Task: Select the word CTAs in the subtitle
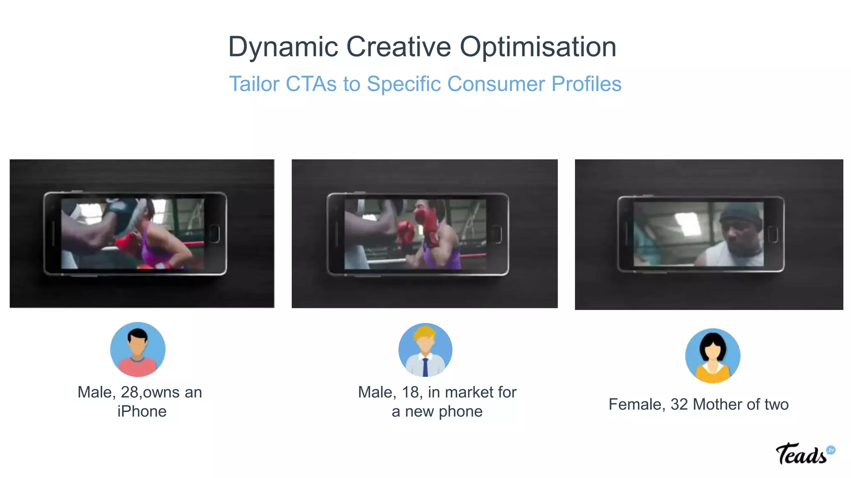pos(311,84)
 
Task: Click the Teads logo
pos(804,454)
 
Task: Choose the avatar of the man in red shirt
pos(138,349)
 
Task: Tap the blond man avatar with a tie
pos(425,350)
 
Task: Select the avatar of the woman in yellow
pos(713,356)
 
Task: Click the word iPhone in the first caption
pos(142,412)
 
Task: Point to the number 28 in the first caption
pos(129,393)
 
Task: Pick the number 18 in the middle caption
pos(410,393)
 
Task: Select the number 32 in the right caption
pos(679,405)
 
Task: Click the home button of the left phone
pos(214,234)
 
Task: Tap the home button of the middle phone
pos(496,234)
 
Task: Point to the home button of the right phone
pos(773,234)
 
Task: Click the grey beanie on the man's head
pos(741,212)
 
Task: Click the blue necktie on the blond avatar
pos(425,367)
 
